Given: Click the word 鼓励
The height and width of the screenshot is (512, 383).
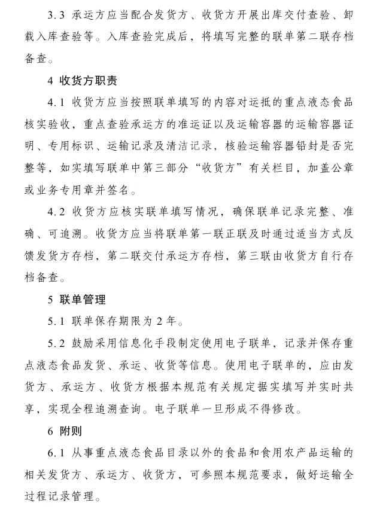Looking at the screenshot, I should pos(83,343).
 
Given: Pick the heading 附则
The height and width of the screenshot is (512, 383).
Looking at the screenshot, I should pos(72,431).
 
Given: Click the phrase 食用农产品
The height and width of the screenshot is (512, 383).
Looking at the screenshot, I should pos(279,453).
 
